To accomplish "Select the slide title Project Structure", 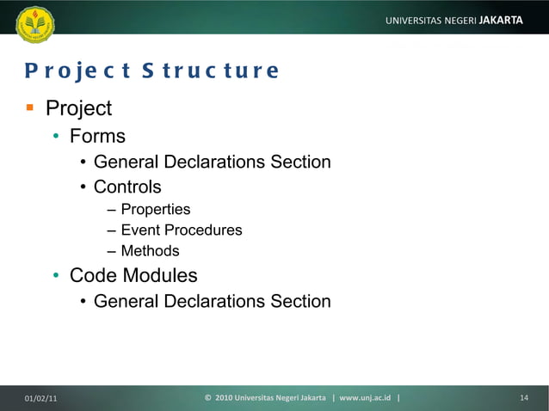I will pos(151,71).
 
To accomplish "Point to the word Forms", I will pos(97,136).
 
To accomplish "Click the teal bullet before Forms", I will pos(54,137).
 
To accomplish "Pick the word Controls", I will pos(127,187).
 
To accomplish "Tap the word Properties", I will pos(156,210).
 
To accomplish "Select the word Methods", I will pos(150,251).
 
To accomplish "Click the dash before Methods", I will pos(112,252).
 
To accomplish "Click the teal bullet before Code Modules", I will pos(54,277).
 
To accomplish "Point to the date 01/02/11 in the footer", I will pos(41,397).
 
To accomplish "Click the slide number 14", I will pos(524,397).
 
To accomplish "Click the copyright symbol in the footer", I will pos(208,397).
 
